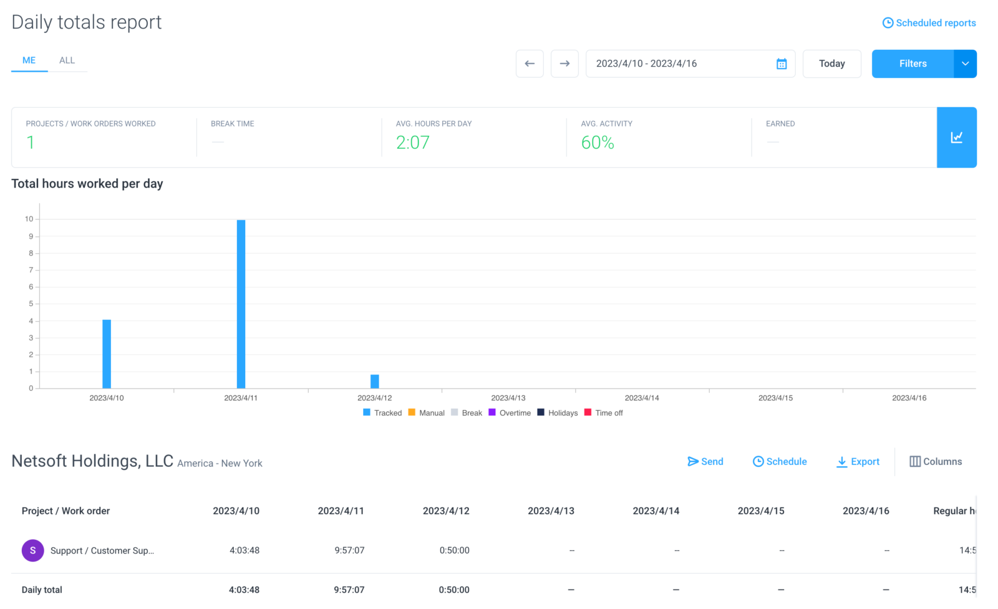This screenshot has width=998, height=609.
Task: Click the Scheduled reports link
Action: click(929, 22)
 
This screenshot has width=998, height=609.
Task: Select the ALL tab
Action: click(67, 60)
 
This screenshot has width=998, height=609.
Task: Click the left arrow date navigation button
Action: click(530, 64)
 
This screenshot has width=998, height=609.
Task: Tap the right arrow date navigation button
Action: click(564, 64)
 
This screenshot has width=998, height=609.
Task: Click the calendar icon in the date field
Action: click(782, 64)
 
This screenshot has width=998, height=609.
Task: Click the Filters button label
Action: click(913, 64)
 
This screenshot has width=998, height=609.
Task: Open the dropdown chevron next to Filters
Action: click(965, 64)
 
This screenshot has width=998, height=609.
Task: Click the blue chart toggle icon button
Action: click(957, 137)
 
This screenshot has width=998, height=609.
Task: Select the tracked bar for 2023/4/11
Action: click(241, 304)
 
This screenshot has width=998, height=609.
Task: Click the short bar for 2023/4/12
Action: click(375, 381)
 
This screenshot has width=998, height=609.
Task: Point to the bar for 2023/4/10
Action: click(107, 354)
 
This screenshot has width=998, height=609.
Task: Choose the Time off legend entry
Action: click(603, 413)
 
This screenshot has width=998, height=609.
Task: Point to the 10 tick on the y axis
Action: click(29, 219)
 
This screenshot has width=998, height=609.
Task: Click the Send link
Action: click(705, 462)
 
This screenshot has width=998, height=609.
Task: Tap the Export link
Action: click(858, 462)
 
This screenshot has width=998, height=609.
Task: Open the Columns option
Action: click(936, 462)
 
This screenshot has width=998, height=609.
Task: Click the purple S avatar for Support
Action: click(33, 550)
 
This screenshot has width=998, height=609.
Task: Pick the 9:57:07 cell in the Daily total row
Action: click(349, 590)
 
